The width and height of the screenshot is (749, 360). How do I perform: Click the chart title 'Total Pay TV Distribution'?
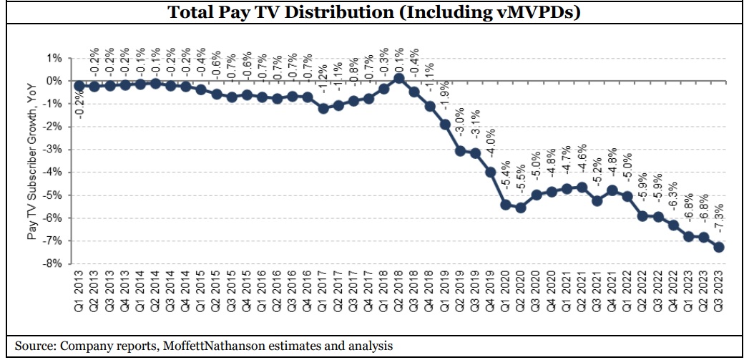coord(374,12)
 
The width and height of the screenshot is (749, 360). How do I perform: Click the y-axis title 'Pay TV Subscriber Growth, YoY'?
coord(32,160)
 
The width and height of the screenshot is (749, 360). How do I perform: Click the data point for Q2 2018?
coord(399,78)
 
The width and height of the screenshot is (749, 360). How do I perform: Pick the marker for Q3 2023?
coord(719,247)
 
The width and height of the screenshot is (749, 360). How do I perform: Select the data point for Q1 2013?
coord(79,85)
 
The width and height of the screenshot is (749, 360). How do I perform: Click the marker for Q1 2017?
coord(323,108)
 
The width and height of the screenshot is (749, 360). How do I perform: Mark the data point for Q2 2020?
coord(522,208)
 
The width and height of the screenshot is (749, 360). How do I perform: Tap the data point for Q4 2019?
coord(491,172)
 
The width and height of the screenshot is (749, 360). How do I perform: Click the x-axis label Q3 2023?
coord(720,291)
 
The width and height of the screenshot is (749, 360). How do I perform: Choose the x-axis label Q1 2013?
coord(79,291)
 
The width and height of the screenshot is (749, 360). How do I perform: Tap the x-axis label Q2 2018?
coord(400,291)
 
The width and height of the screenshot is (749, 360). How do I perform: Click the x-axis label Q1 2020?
coord(506,291)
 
